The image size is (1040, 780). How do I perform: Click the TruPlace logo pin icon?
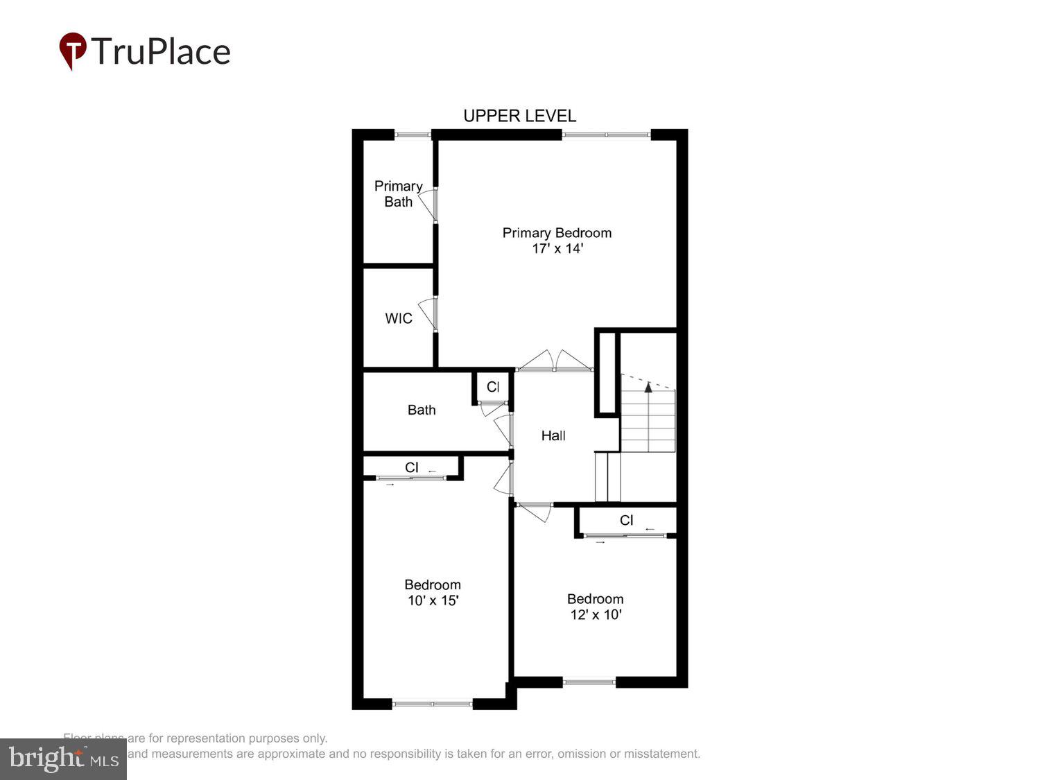click(72, 51)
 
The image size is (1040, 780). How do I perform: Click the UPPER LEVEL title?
click(519, 116)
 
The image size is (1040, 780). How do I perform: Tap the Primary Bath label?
click(398, 194)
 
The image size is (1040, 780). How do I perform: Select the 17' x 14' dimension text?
click(557, 248)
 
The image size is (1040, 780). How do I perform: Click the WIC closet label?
click(399, 318)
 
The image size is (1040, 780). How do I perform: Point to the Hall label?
click(553, 435)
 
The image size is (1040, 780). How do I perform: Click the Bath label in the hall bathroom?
click(422, 410)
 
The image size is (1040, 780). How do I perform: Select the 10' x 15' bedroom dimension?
click(433, 600)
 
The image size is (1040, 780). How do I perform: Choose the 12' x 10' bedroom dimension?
click(596, 614)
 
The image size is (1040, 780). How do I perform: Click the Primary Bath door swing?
click(429, 205)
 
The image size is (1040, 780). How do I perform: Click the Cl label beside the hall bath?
click(493, 387)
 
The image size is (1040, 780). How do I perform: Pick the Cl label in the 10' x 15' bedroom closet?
click(412, 467)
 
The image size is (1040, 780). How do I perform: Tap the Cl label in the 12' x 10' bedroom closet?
click(626, 520)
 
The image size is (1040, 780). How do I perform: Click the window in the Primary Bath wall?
click(413, 135)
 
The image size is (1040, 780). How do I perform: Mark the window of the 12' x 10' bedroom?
click(589, 682)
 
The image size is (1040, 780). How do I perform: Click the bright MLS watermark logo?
click(63, 759)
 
